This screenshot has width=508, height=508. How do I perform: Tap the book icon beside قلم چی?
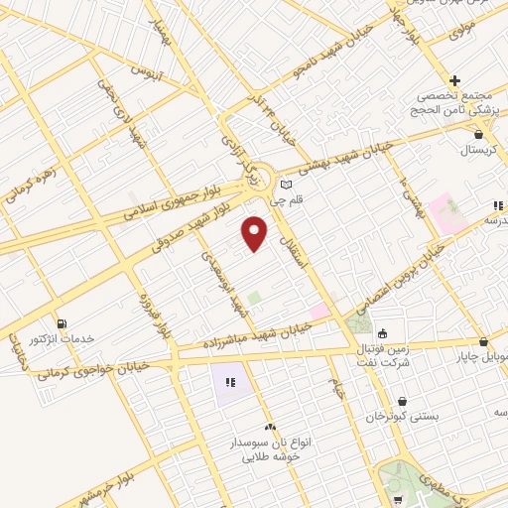pos(287,184)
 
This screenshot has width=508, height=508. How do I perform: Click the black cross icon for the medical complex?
pos(454,80)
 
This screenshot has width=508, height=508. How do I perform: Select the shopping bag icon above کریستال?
pos(479,133)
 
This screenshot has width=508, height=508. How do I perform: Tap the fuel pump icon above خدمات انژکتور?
pos(63,323)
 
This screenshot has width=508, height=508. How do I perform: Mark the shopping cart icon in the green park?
pos(397,498)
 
